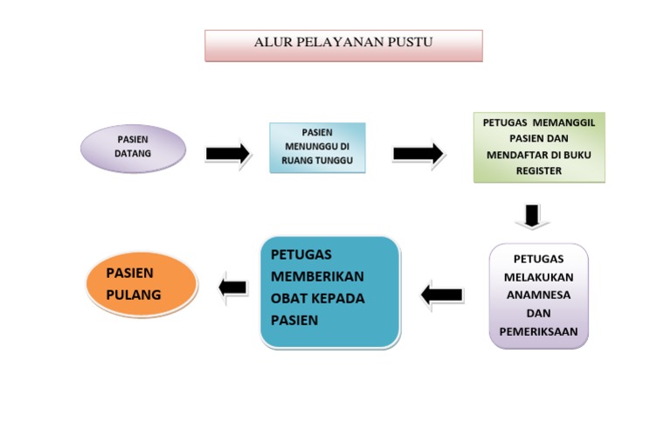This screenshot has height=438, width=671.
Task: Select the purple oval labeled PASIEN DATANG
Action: (x=133, y=148)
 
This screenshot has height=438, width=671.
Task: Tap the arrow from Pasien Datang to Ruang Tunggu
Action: (x=228, y=154)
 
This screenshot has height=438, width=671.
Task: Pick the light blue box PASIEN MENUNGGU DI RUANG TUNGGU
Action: (x=317, y=148)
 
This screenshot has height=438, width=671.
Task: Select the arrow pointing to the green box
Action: (x=418, y=154)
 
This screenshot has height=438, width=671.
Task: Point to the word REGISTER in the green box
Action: (x=539, y=171)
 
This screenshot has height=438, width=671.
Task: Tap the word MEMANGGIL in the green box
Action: (x=567, y=123)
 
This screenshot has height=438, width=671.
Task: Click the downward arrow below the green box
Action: (x=532, y=215)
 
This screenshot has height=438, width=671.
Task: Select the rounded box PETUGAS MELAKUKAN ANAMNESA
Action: (x=539, y=295)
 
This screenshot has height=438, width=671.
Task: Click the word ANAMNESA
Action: (x=539, y=295)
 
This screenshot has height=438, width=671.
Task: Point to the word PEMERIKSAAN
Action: (x=539, y=331)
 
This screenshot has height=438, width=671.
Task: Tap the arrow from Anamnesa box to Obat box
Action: (x=442, y=295)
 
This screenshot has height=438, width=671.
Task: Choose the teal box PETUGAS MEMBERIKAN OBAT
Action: (x=330, y=291)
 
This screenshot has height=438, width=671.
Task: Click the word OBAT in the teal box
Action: (x=288, y=298)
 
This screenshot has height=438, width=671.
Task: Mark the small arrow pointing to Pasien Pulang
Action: (x=233, y=287)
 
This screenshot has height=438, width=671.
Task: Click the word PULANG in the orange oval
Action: (x=134, y=295)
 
